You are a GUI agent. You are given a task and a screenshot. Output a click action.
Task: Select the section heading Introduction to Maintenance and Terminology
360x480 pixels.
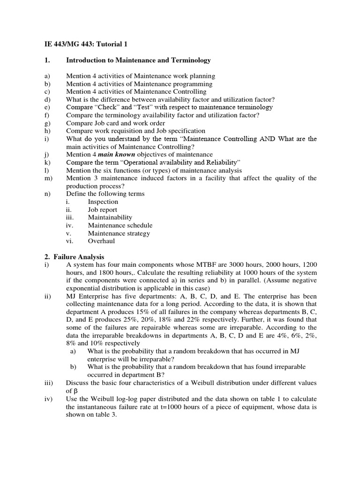138,60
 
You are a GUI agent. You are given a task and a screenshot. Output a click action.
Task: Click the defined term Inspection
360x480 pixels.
103,202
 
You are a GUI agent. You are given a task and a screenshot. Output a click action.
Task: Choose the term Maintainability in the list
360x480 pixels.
110,217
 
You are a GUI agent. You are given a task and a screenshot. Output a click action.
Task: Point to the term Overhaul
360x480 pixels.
101,241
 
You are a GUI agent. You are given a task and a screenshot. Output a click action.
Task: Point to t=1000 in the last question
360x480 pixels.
164,406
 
